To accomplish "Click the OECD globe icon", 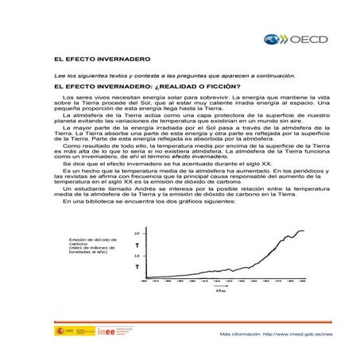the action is click(271, 38).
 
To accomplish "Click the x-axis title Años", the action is click(222, 290).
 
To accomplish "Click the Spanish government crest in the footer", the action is click(59, 331).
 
